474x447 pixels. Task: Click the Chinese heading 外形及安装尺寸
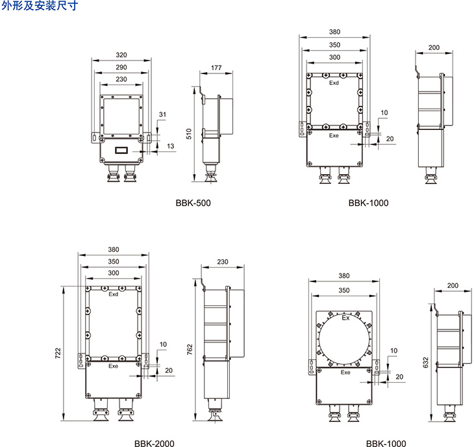(x=40, y=5)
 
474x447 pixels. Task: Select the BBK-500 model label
(x=193, y=203)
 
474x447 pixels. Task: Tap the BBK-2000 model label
(x=155, y=443)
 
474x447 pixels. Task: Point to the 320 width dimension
(x=121, y=55)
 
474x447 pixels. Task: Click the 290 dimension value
(x=121, y=67)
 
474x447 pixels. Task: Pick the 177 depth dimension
(x=216, y=68)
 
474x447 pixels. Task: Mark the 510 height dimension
(x=189, y=134)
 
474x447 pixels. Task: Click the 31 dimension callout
(x=162, y=114)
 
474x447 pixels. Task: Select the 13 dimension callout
(x=171, y=146)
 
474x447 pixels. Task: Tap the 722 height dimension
(x=58, y=353)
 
